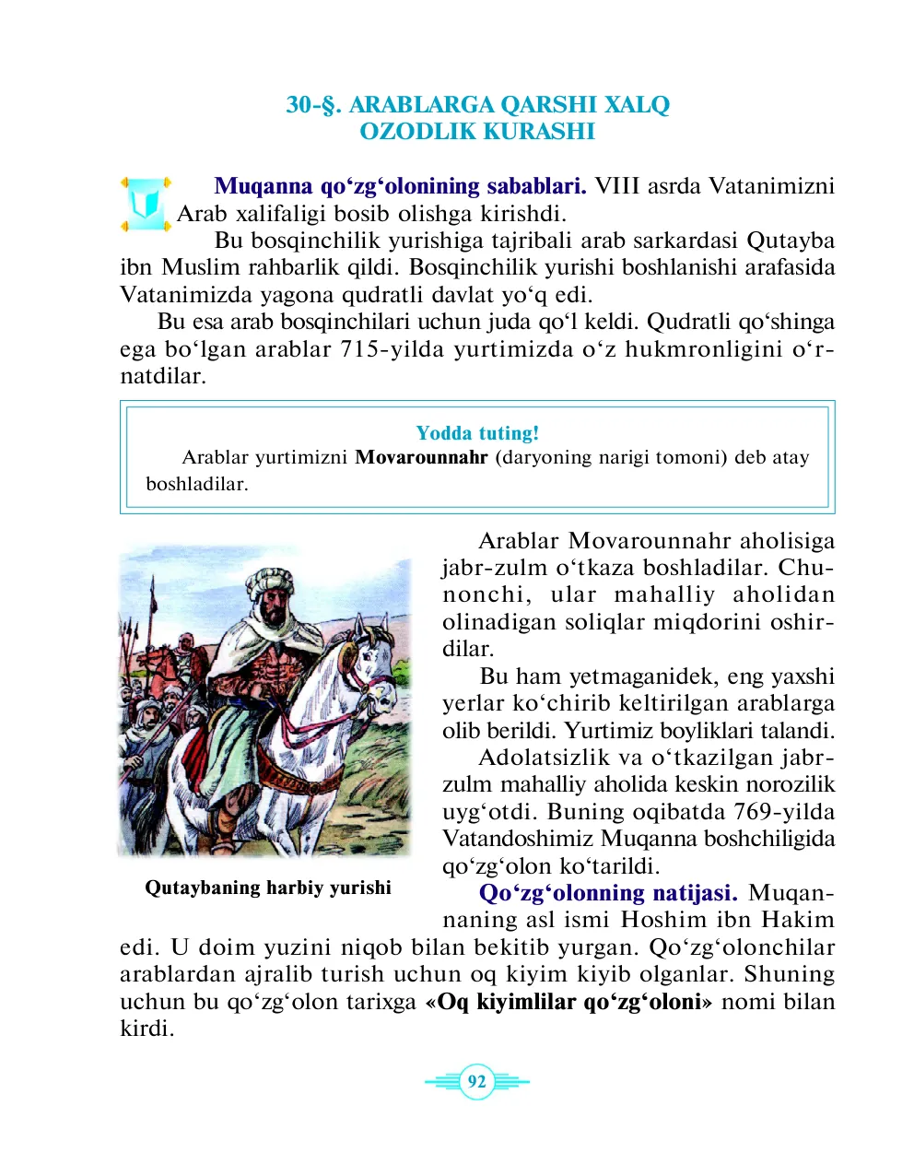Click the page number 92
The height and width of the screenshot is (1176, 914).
click(476, 1081)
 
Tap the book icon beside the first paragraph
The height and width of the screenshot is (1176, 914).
click(145, 204)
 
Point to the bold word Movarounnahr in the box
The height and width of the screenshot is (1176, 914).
click(421, 458)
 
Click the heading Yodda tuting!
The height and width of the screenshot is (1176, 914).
click(477, 433)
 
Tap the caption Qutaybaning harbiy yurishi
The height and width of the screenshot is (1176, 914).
click(268, 888)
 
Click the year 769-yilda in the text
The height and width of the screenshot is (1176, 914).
click(784, 812)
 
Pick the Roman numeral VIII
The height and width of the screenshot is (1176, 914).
click(616, 186)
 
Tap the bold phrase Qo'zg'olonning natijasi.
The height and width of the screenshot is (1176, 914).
click(608, 893)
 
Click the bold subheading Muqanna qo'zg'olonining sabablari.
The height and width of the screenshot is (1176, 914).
click(400, 186)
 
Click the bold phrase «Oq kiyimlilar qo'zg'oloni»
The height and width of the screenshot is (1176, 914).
click(568, 1002)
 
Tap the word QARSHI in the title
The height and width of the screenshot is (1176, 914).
click(550, 105)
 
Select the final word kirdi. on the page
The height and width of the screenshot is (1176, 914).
click(147, 1029)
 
